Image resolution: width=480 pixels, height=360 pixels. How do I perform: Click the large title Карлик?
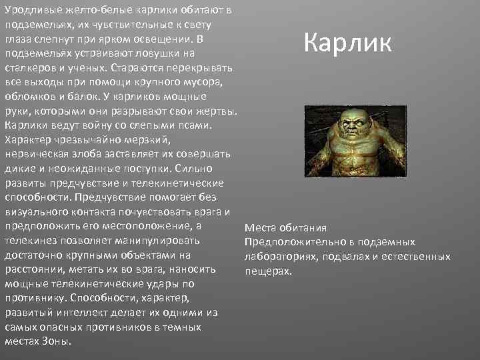pos(348,43)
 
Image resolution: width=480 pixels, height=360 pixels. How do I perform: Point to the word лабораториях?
pos(279,257)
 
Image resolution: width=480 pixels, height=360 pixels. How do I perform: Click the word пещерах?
pos(268,271)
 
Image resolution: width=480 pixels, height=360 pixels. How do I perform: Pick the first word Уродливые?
pos(31,9)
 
